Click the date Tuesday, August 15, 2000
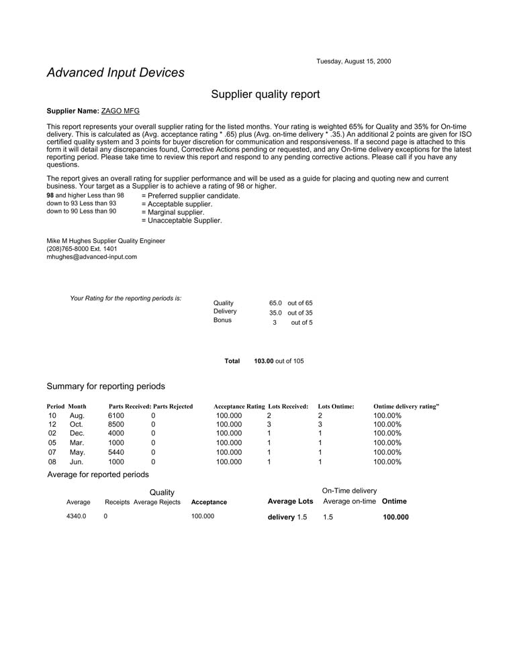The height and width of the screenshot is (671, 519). tap(353, 62)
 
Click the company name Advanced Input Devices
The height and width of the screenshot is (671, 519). tap(115, 73)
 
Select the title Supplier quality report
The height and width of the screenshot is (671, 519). tap(265, 95)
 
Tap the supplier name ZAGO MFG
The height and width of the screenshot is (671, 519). tap(120, 111)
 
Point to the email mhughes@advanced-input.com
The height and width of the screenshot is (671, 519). tap(91, 257)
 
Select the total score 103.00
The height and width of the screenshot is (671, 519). tap(264, 361)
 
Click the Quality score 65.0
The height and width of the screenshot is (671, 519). tap(275, 303)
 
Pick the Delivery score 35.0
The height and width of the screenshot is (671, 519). tap(275, 313)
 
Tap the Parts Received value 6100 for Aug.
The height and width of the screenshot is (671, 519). tap(116, 416)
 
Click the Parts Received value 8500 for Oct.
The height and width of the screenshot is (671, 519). tap(116, 425)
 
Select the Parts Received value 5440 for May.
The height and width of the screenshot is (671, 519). tap(116, 453)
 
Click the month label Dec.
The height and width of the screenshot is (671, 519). tap(77, 434)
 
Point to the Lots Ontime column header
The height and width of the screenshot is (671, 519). tap(336, 407)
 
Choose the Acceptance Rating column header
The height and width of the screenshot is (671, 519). tap(239, 407)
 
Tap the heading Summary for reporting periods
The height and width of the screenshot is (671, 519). tap(105, 386)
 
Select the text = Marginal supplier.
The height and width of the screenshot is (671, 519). tap(173, 213)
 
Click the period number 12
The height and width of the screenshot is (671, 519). tap(52, 425)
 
